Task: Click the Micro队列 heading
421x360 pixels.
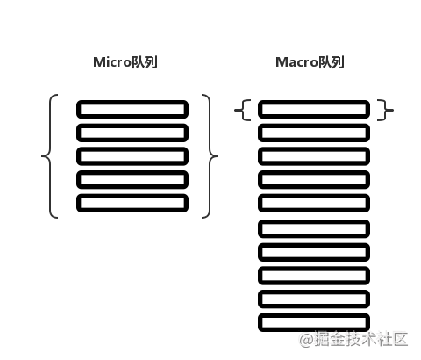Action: (x=125, y=62)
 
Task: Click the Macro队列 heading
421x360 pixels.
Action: (x=310, y=62)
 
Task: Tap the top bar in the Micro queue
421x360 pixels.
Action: (x=132, y=101)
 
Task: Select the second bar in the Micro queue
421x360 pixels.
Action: (x=132, y=125)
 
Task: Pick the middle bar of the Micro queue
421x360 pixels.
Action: (x=132, y=148)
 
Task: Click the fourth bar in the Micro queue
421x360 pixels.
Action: (x=132, y=171)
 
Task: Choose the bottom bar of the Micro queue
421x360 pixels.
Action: (x=132, y=195)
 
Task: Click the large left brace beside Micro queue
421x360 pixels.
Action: (x=50, y=156)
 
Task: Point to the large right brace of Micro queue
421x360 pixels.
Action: (x=210, y=156)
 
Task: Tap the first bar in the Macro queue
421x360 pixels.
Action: (x=314, y=101)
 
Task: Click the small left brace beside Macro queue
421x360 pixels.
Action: (x=243, y=111)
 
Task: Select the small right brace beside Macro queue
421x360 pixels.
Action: (x=386, y=111)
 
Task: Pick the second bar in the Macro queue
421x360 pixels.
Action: (x=314, y=125)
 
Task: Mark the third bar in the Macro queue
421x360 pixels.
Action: (x=314, y=148)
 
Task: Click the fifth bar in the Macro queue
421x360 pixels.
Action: (x=314, y=195)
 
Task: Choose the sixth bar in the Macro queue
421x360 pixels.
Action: (x=314, y=220)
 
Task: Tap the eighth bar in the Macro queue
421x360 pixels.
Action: (x=314, y=268)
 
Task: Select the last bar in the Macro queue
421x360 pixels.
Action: (x=314, y=314)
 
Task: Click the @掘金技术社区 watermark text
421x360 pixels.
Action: (x=353, y=340)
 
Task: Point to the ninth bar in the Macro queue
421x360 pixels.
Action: (x=314, y=291)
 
